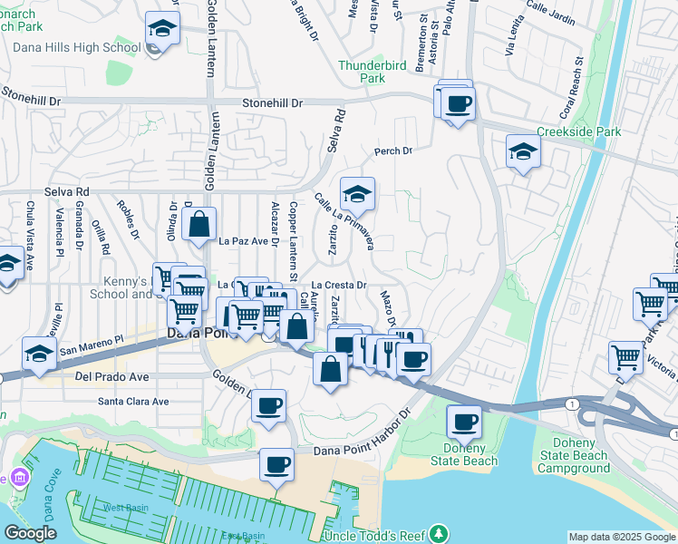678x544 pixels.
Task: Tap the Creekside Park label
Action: coord(579,131)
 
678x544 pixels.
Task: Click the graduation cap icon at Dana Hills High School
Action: coord(162,30)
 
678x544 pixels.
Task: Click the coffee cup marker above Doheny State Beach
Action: coord(465,422)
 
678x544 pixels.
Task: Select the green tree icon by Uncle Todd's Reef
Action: coord(440,532)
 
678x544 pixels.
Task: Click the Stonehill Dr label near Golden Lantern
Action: coord(272,103)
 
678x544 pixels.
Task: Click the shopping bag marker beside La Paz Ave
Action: coord(199,223)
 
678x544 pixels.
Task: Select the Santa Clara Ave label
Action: coord(133,401)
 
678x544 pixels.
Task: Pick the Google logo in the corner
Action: coord(30,534)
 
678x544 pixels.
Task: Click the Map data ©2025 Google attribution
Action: coord(622,537)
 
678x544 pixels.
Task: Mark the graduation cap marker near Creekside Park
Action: coord(523,151)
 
